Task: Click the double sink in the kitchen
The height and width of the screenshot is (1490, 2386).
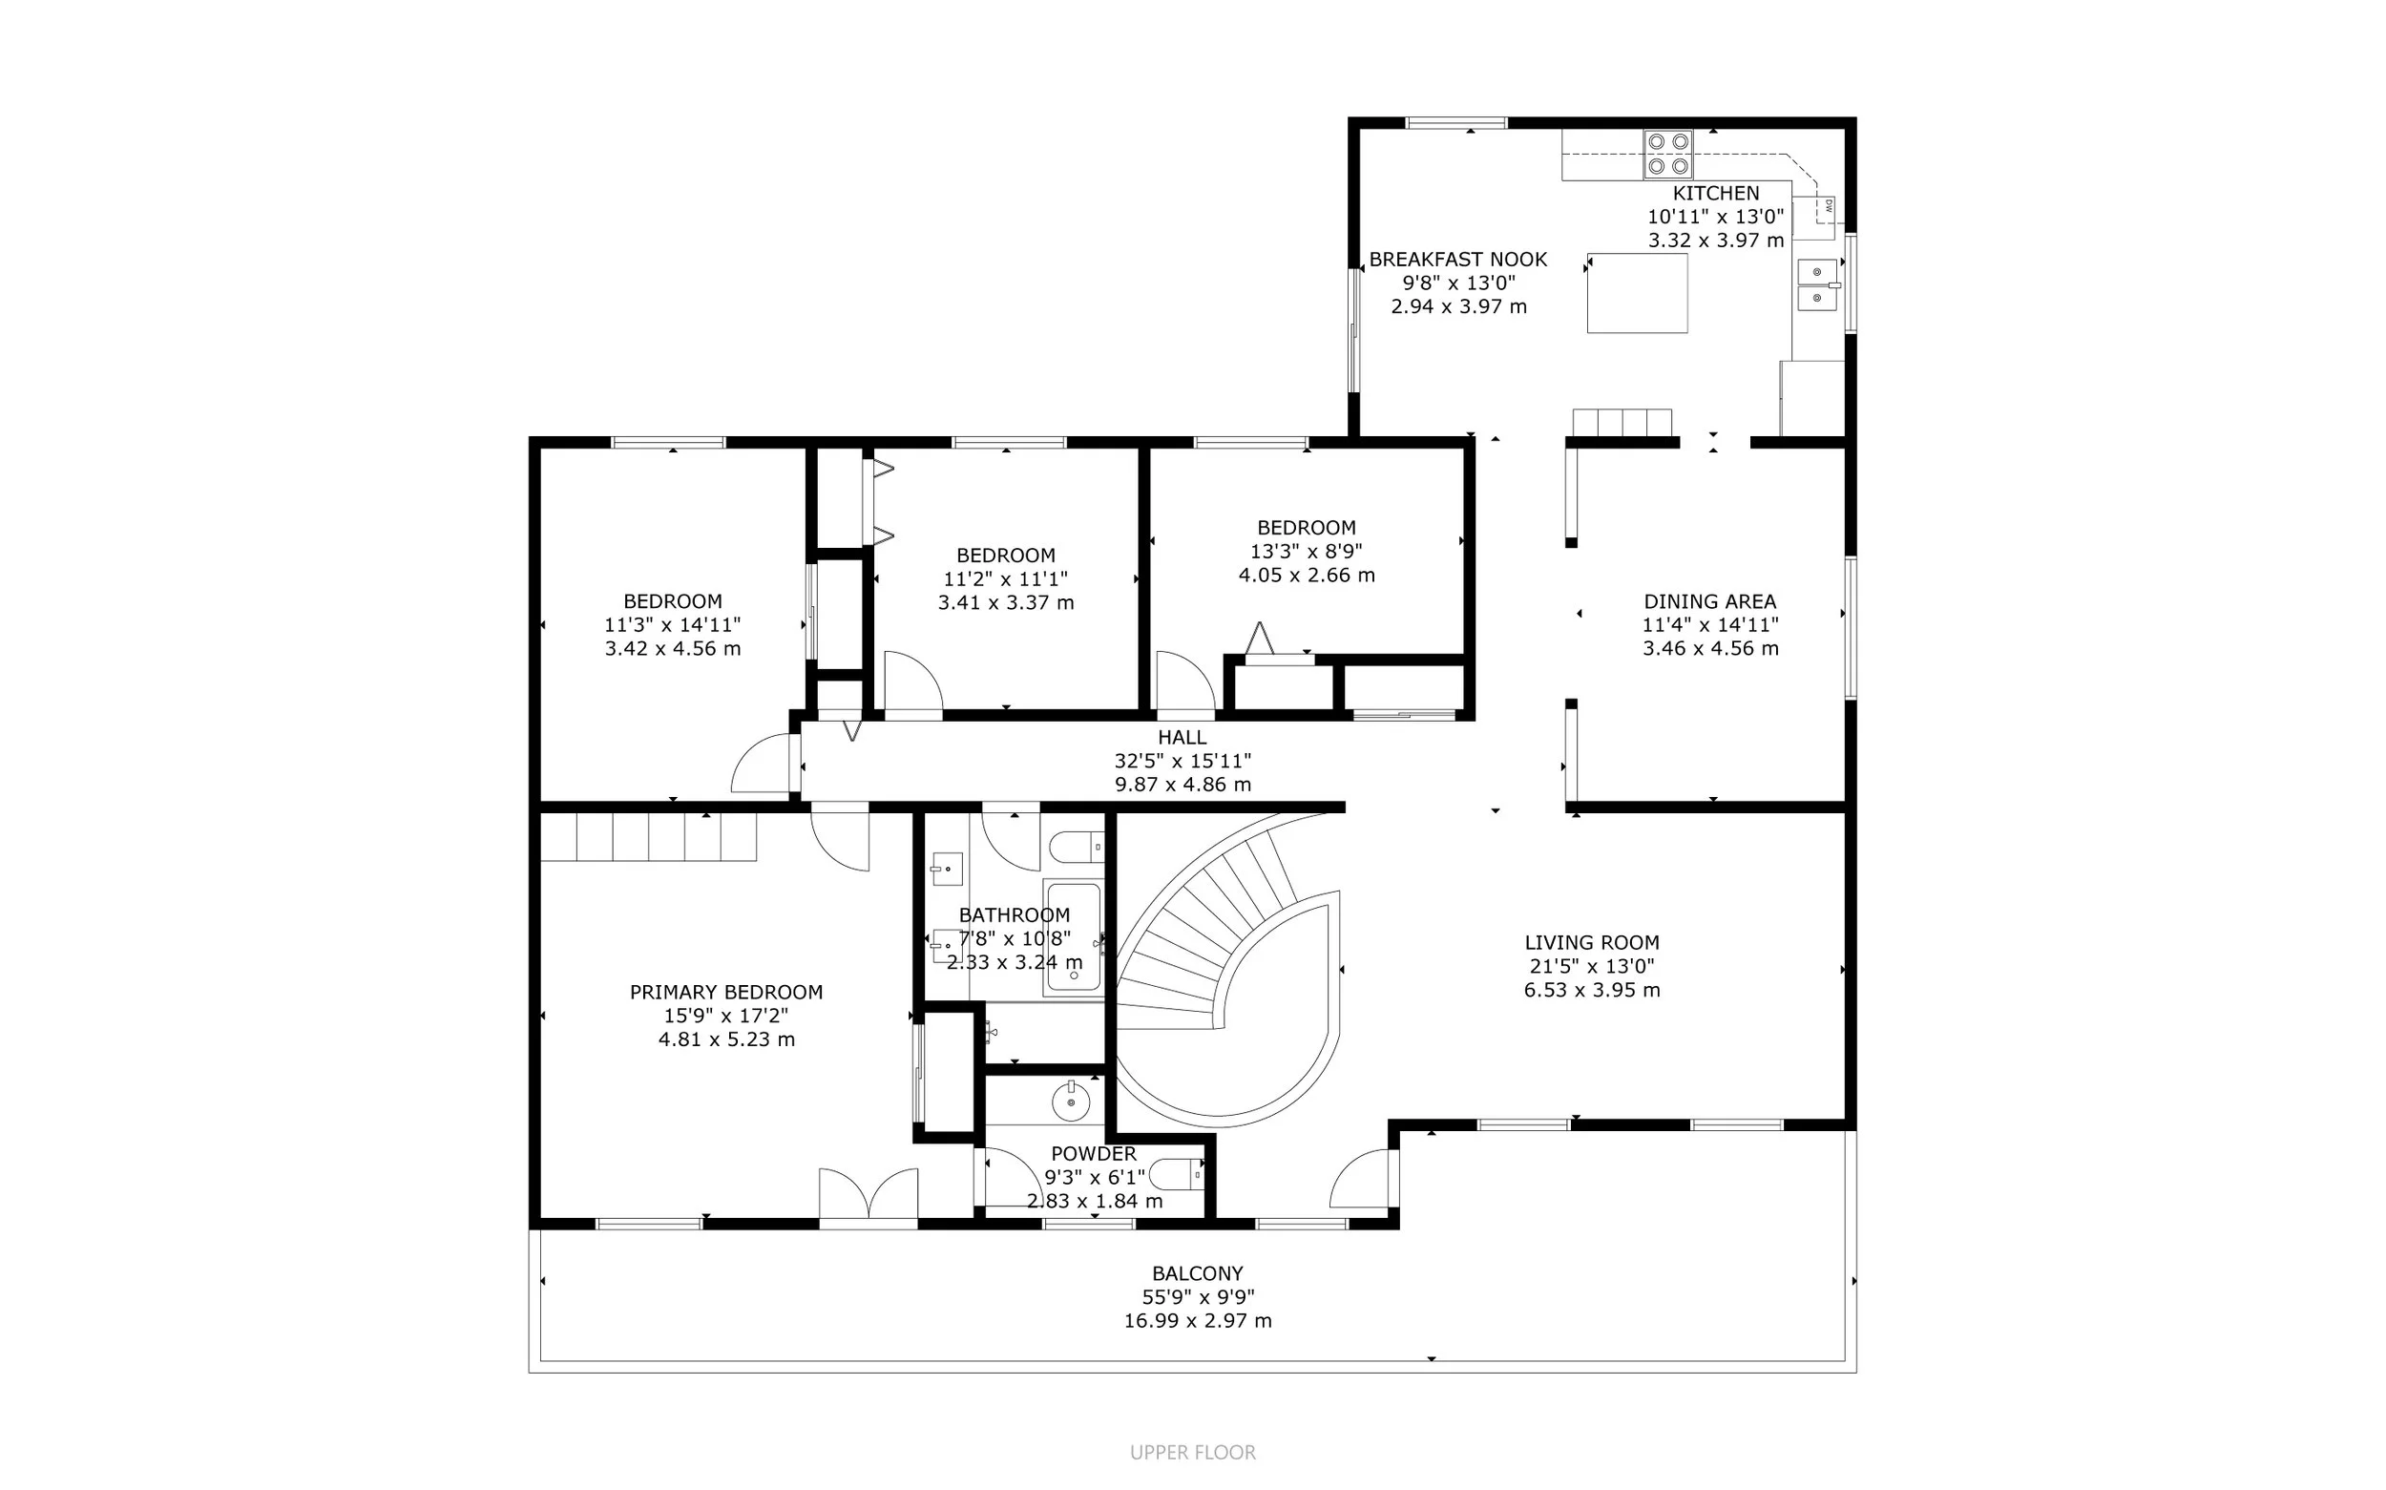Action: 1817,284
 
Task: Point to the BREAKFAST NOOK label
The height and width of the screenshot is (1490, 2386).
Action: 1458,260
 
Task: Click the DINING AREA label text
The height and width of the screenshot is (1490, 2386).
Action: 1710,601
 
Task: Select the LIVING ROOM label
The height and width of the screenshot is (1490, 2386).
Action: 1592,942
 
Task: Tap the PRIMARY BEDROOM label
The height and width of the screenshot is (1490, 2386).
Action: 726,993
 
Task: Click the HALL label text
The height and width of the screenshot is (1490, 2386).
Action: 1183,737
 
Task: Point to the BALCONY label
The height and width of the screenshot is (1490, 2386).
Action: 1198,1273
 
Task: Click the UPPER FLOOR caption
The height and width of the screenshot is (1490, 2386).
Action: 1193,1453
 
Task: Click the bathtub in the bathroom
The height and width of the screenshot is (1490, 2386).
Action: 1073,937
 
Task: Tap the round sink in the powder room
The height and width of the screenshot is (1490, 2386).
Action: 1071,1102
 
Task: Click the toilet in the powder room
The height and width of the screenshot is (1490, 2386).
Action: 1179,1174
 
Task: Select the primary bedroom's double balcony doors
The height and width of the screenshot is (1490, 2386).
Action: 868,1195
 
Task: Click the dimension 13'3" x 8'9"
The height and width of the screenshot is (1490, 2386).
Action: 1307,551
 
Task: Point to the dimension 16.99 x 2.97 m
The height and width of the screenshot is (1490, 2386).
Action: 1198,1320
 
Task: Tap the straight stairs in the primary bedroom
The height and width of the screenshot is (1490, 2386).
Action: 648,837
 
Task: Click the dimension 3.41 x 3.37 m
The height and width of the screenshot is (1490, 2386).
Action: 1006,602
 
